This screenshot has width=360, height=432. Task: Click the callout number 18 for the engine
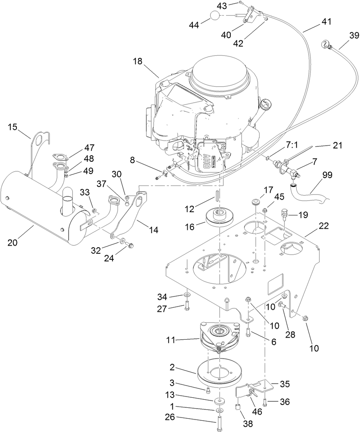(137, 62)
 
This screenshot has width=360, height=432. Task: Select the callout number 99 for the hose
(328, 175)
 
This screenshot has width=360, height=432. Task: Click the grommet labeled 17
(255, 202)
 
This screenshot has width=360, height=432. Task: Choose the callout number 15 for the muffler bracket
(13, 127)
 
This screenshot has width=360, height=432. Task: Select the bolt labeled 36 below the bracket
(265, 401)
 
